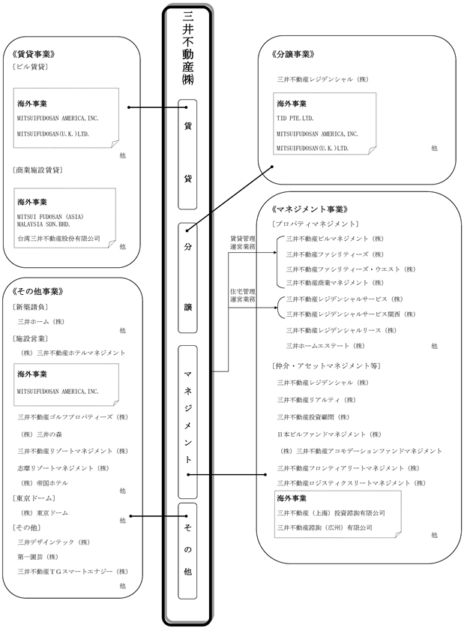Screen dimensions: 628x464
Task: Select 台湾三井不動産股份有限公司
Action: point(58,239)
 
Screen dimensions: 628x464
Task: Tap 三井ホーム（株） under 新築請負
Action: point(42,321)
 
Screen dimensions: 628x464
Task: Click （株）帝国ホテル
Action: point(44,483)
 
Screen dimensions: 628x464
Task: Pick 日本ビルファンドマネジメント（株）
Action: point(330,434)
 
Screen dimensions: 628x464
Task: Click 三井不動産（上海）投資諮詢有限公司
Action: point(331,512)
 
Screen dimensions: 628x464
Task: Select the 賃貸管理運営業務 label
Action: point(243,244)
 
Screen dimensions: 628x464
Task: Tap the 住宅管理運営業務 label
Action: point(243,294)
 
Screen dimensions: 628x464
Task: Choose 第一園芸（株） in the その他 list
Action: point(38,557)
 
